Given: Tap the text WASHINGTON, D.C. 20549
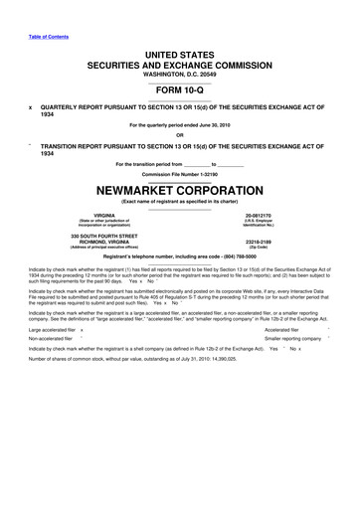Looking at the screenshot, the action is [179, 71].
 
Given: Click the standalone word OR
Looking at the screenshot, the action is [179, 135].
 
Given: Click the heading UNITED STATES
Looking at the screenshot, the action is [179, 49].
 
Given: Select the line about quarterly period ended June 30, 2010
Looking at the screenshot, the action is [179, 124].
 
